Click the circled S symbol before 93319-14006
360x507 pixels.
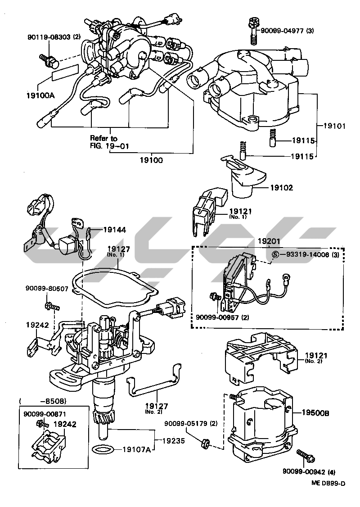coord(276,255)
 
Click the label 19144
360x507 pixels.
coord(114,230)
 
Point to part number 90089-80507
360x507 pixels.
coord(47,289)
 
